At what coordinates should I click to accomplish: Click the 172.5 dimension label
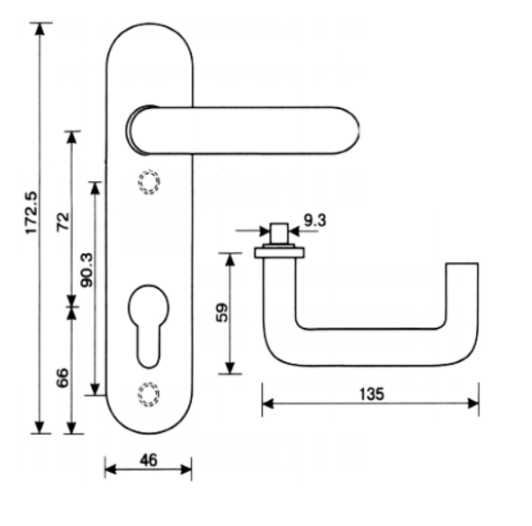coord(32,213)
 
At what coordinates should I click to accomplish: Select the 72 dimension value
coord(63,222)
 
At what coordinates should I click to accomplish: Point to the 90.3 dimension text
coord(86,270)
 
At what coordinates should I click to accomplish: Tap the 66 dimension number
coord(62,377)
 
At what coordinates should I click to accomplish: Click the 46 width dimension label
coord(149,460)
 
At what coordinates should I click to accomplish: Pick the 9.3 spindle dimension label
coord(315,221)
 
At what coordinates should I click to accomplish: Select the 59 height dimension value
coord(222,313)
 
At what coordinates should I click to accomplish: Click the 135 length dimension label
coord(372,394)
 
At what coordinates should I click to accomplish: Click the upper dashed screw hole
coord(149,182)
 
